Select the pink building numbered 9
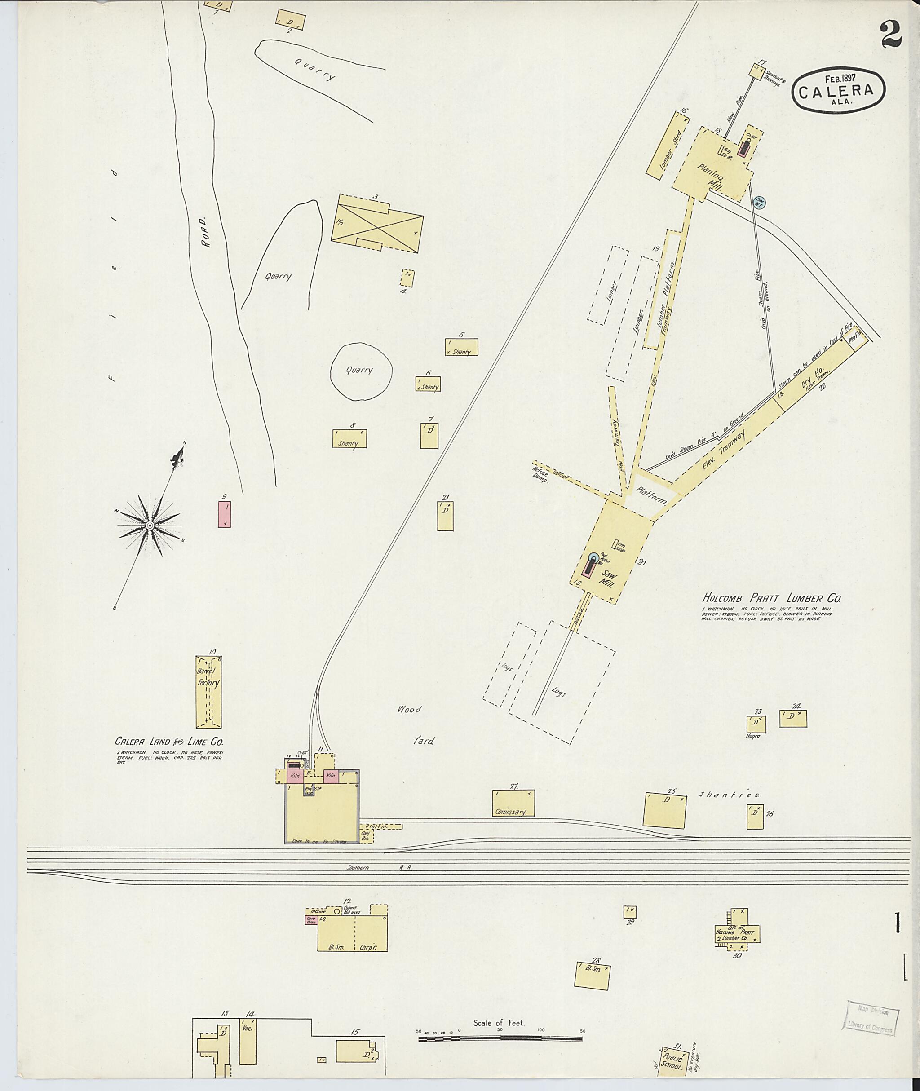225,514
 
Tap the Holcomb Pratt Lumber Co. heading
771,599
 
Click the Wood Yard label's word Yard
423,741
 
